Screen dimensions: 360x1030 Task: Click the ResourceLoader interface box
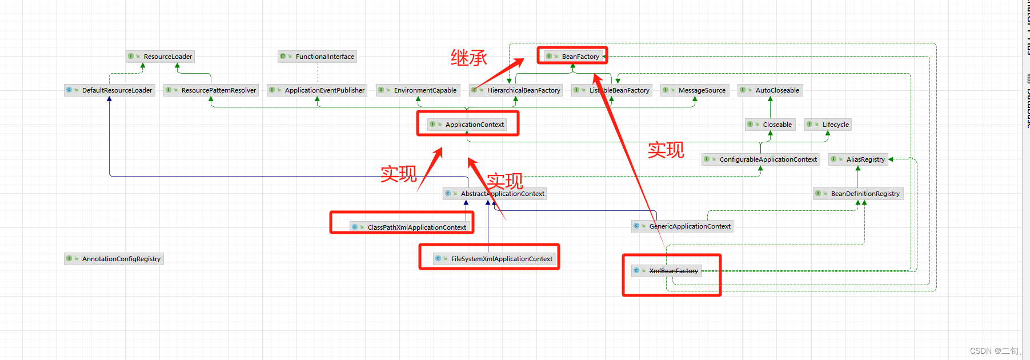pyautogui.click(x=161, y=57)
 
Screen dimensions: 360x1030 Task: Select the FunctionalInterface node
pyautogui.click(x=318, y=57)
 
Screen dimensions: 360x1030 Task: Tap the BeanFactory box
pyautogui.click(x=573, y=56)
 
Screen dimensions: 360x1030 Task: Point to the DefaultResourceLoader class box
pyautogui.click(x=110, y=90)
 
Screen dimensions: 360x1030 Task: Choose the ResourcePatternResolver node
pyautogui.click(x=211, y=90)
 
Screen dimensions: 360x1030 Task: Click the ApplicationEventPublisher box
pyautogui.click(x=317, y=90)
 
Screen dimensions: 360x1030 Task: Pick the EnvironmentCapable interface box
pyautogui.click(x=418, y=90)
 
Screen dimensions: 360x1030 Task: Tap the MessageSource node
pyautogui.click(x=695, y=90)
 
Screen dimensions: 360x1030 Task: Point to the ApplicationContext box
pyautogui.click(x=467, y=125)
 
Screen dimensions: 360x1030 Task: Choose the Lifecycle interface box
pyautogui.click(x=828, y=125)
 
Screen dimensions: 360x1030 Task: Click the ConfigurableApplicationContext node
pyautogui.click(x=761, y=159)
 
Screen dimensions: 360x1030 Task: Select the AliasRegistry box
pyautogui.click(x=858, y=159)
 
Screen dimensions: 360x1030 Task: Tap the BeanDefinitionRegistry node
pyautogui.click(x=858, y=194)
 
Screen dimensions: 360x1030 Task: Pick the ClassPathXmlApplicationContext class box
pyautogui.click(x=410, y=227)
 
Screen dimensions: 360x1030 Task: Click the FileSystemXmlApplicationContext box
pyautogui.click(x=495, y=259)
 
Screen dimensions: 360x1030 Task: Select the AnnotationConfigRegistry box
pyautogui.click(x=114, y=259)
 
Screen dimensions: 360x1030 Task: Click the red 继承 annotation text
pyautogui.click(x=468, y=58)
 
